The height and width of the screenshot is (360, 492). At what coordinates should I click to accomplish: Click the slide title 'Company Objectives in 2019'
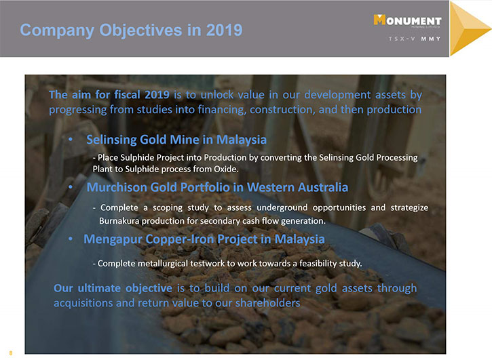[131, 30]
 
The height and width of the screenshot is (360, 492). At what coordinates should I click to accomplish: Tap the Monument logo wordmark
[408, 20]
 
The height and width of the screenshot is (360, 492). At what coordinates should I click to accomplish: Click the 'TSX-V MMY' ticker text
[415, 39]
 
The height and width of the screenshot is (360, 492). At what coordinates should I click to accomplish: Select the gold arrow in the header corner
[469, 29]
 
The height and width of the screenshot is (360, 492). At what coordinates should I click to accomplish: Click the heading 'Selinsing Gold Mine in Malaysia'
[176, 140]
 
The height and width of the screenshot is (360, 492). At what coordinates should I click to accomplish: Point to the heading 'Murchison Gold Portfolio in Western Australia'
[217, 187]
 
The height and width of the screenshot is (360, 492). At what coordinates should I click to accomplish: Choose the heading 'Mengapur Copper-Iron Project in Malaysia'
[204, 239]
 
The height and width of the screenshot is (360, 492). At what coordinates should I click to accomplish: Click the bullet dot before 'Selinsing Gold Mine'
[71, 139]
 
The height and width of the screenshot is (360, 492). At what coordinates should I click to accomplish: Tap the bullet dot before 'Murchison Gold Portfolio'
[71, 187]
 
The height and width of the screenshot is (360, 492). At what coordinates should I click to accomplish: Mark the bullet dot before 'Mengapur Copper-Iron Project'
[71, 239]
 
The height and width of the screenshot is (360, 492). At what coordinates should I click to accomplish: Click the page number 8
[11, 353]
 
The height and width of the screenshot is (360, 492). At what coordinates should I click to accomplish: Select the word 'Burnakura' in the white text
[119, 221]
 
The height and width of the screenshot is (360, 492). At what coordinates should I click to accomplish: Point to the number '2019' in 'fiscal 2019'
[157, 95]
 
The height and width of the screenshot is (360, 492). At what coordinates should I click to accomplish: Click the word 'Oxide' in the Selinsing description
[226, 169]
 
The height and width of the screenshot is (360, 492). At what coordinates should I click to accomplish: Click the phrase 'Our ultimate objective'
[113, 288]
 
